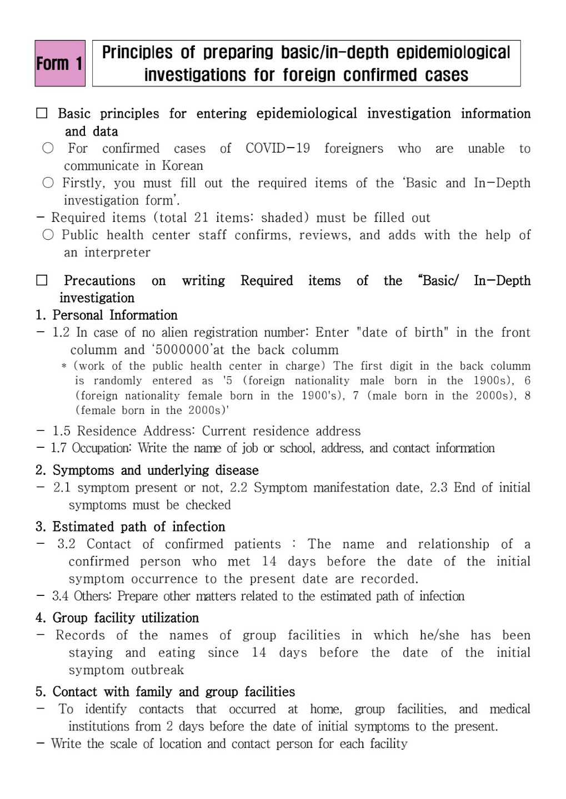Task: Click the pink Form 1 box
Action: pyautogui.click(x=60, y=63)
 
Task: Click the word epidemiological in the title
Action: pyautogui.click(x=453, y=52)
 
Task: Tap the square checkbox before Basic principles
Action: pyautogui.click(x=42, y=114)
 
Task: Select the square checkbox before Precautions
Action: pyautogui.click(x=42, y=281)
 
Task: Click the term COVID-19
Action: pyautogui.click(x=278, y=149)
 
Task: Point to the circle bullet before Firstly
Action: pyautogui.click(x=48, y=183)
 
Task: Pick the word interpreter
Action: pyautogui.click(x=117, y=252)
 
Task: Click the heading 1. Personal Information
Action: pyautogui.click(x=107, y=315)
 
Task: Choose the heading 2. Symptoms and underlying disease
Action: pyautogui.click(x=147, y=471)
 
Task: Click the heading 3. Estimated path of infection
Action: pyautogui.click(x=131, y=527)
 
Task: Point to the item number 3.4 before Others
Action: pyautogui.click(x=61, y=596)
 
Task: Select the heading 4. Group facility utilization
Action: pyautogui.click(x=117, y=618)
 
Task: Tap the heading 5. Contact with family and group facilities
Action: pyautogui.click(x=165, y=692)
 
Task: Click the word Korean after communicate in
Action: pyautogui.click(x=182, y=166)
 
